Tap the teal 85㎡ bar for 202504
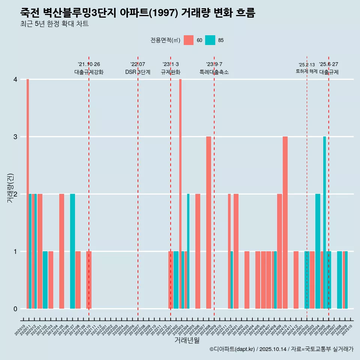click(x=318, y=251)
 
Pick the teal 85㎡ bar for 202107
click(x=72, y=251)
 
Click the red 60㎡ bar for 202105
click(x=61, y=251)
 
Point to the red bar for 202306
click(x=198, y=251)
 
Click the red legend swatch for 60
click(x=189, y=40)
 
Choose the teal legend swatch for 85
click(x=210, y=40)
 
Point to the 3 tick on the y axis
click(x=15, y=136)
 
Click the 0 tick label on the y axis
click(x=15, y=309)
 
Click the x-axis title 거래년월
click(x=187, y=340)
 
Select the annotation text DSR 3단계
click(x=138, y=72)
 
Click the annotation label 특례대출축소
click(x=214, y=72)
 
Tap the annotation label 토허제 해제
click(x=306, y=71)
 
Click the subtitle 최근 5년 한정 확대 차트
click(x=54, y=24)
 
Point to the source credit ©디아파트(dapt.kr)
click(x=232, y=349)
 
